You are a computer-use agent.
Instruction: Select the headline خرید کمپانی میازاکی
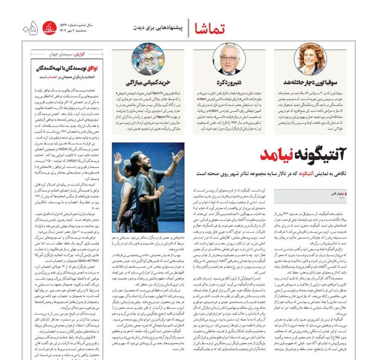[148, 83]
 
